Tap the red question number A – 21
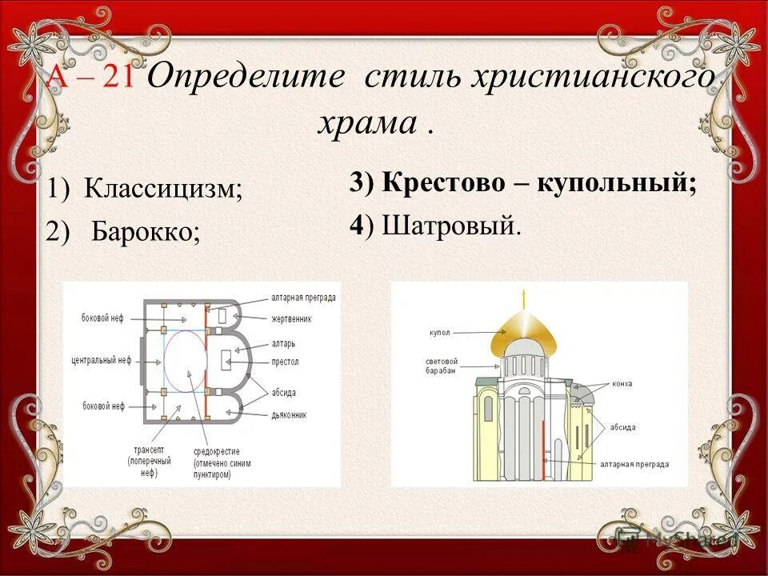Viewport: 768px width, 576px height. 90,79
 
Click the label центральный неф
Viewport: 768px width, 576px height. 100,361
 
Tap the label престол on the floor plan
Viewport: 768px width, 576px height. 285,362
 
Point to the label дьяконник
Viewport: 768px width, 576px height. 290,415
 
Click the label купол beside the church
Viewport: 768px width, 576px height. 441,330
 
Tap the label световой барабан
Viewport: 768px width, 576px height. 442,366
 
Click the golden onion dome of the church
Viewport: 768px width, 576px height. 524,326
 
